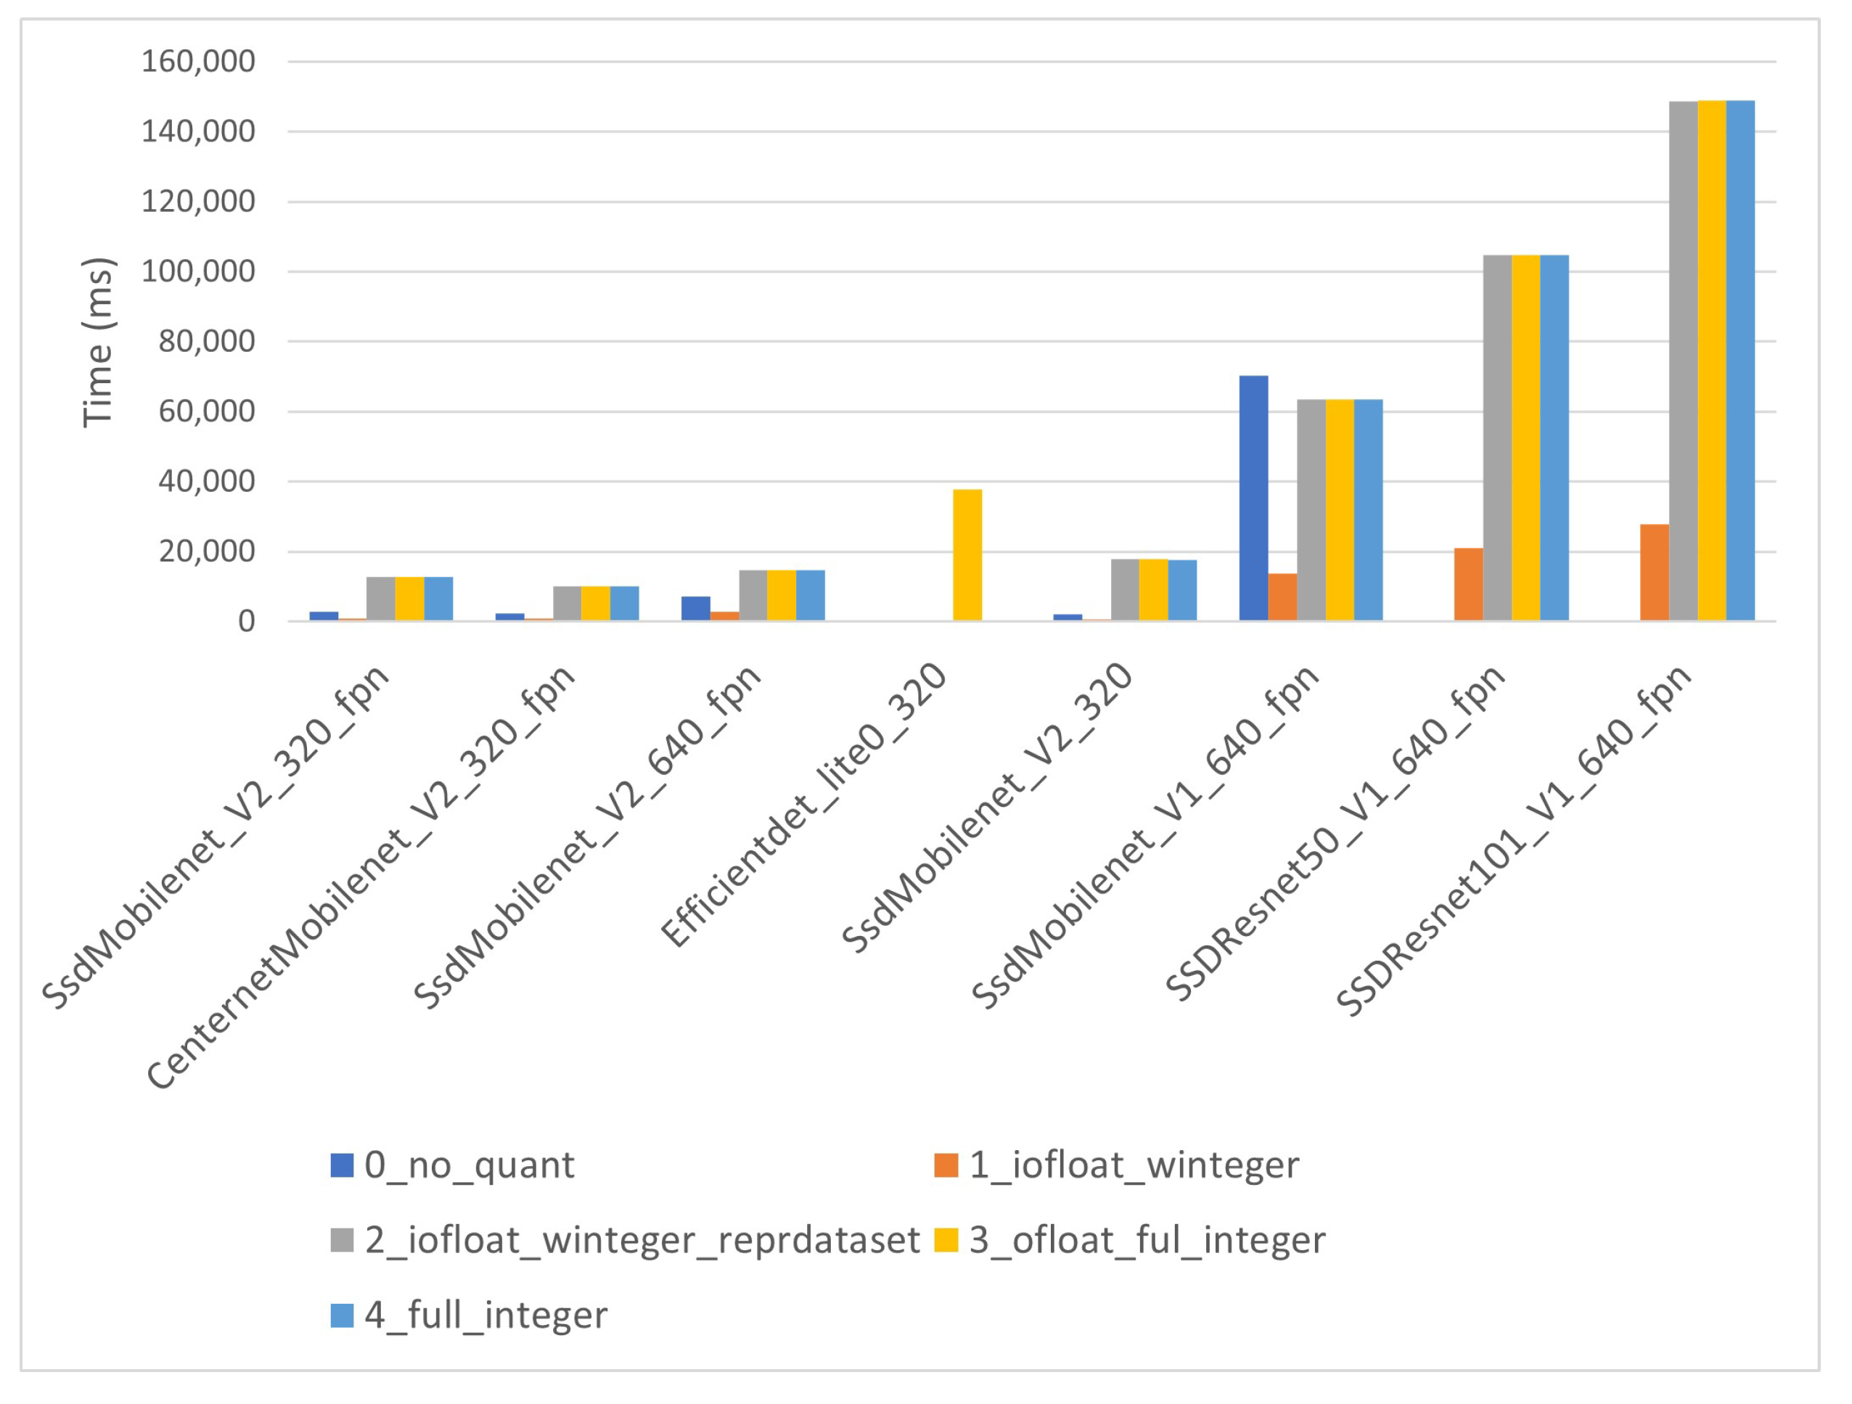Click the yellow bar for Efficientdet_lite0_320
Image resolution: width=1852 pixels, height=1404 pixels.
point(967,554)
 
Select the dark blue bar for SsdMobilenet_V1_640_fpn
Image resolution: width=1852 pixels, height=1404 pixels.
point(1253,498)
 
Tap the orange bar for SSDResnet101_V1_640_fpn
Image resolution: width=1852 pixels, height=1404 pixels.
point(1655,572)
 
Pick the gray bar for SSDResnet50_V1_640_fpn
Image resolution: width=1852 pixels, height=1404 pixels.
point(1498,437)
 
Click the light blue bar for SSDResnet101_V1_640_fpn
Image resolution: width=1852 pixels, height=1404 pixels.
point(1741,360)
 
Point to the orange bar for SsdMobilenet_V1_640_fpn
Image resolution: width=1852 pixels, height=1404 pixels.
point(1282,597)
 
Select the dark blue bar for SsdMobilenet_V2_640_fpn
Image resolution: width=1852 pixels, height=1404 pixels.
point(696,609)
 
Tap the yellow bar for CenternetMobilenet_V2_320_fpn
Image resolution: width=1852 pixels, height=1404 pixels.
point(595,603)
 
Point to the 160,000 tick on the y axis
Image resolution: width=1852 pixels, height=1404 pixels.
point(198,61)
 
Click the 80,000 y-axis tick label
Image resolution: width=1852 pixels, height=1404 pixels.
point(207,342)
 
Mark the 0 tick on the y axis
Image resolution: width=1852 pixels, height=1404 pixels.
point(246,621)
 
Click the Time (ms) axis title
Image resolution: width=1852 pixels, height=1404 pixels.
point(98,342)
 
